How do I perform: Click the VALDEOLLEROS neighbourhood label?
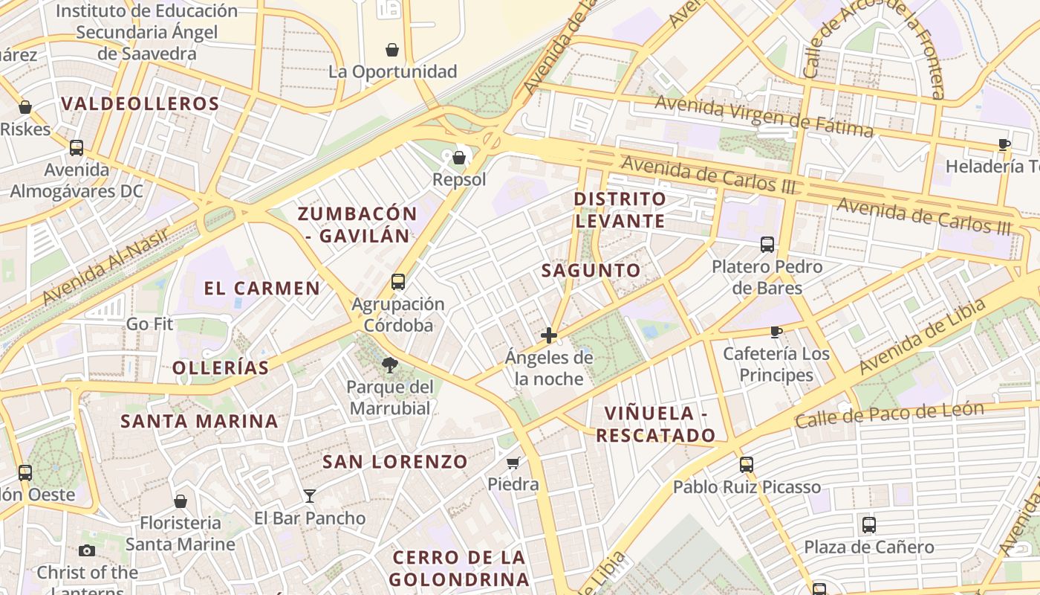click(x=140, y=103)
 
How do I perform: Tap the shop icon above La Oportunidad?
click(x=392, y=50)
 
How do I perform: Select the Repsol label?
click(x=459, y=179)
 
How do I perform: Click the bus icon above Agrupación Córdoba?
click(x=398, y=282)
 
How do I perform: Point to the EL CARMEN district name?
click(x=261, y=288)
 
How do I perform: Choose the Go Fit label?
click(x=149, y=324)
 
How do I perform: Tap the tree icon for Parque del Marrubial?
click(x=389, y=364)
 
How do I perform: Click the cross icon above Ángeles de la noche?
click(x=549, y=335)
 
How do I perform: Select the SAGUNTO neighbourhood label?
click(x=591, y=271)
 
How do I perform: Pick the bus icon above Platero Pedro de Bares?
click(x=767, y=244)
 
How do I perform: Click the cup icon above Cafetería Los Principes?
click(x=776, y=332)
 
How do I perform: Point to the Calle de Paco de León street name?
click(x=900, y=414)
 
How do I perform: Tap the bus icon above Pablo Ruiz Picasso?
click(x=747, y=465)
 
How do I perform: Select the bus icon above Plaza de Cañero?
click(x=869, y=525)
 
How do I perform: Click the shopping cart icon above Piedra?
click(x=513, y=463)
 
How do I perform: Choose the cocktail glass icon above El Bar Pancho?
click(x=310, y=495)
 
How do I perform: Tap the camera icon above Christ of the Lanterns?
click(x=87, y=550)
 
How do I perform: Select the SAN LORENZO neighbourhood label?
click(x=394, y=462)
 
